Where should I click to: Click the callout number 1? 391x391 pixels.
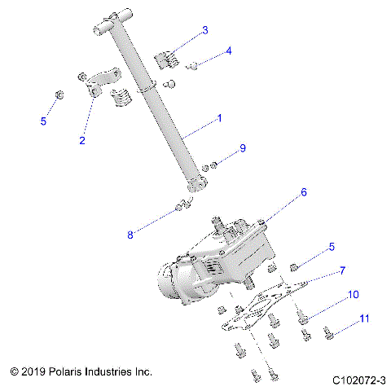pyautogui.click(x=218, y=120)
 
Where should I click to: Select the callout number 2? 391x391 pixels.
pyautogui.click(x=82, y=140)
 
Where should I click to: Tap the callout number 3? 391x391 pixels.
pyautogui.click(x=205, y=30)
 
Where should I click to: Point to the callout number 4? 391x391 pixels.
pyautogui.click(x=229, y=51)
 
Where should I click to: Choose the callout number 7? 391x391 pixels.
pyautogui.click(x=342, y=270)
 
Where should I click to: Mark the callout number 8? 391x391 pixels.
pyautogui.click(x=129, y=235)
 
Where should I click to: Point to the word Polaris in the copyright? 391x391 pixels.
pyautogui.click(x=76, y=371)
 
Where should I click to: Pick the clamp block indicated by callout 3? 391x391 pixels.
pyautogui.click(x=166, y=60)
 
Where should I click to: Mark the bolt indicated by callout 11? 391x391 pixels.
pyautogui.click(x=328, y=332)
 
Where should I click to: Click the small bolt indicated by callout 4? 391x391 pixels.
pyautogui.click(x=194, y=65)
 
